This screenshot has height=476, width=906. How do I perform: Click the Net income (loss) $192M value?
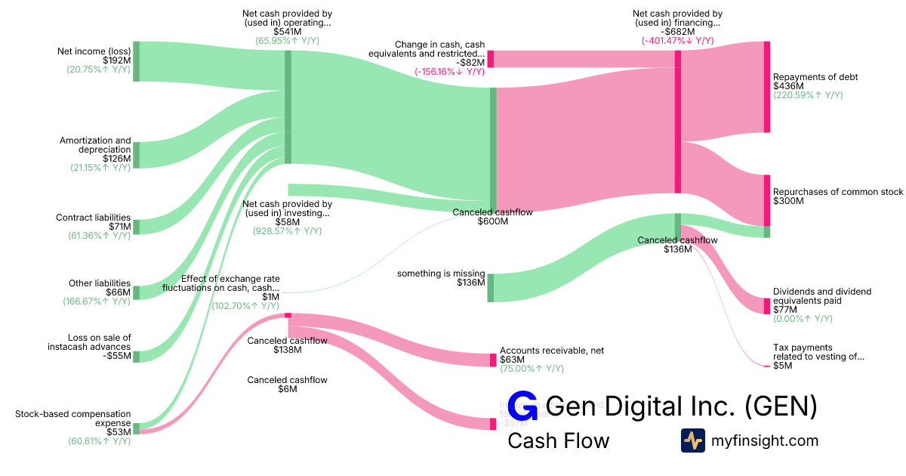[116, 60]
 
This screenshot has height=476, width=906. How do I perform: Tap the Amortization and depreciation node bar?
[137, 154]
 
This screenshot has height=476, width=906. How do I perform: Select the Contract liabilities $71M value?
[119, 227]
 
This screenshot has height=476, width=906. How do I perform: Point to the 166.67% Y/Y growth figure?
[97, 301]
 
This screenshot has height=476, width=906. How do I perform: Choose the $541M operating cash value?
[287, 32]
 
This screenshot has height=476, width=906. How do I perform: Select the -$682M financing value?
[677, 32]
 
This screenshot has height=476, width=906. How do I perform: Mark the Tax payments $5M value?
[783, 366]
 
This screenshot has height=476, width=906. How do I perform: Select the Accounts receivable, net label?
[552, 351]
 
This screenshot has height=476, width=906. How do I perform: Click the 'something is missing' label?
[441, 274]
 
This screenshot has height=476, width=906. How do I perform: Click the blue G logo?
[522, 406]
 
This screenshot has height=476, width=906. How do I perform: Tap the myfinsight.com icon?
[692, 440]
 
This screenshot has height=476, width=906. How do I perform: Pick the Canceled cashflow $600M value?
[492, 221]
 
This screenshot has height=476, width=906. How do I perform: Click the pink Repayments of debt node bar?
[767, 87]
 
